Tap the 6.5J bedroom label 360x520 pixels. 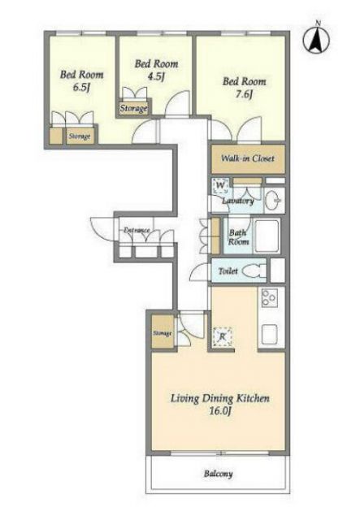pyautogui.click(x=81, y=80)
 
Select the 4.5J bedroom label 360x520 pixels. pyautogui.click(x=156, y=70)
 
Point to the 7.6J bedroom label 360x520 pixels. pyautogui.click(x=245, y=88)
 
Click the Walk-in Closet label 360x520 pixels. pyautogui.click(x=248, y=158)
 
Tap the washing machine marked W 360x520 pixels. pyautogui.click(x=220, y=186)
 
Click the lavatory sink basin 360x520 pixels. pyautogui.click(x=274, y=200)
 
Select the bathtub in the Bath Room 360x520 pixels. pyautogui.click(x=267, y=235)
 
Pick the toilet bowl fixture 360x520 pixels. pyautogui.click(x=254, y=271)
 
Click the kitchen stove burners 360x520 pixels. pyautogui.click(x=269, y=297)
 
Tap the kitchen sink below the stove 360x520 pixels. pyautogui.click(x=270, y=334)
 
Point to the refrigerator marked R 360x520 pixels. pyautogui.click(x=223, y=337)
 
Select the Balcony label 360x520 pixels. pyautogui.click(x=218, y=474)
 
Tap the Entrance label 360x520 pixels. pyautogui.click(x=137, y=230)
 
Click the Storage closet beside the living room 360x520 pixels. pyautogui.click(x=163, y=332)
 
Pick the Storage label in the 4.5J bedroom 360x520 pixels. pyautogui.click(x=133, y=108)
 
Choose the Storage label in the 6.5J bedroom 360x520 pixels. pyautogui.click(x=80, y=136)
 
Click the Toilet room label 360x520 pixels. pyautogui.click(x=228, y=271)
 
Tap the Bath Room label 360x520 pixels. pyautogui.click(x=238, y=237)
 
